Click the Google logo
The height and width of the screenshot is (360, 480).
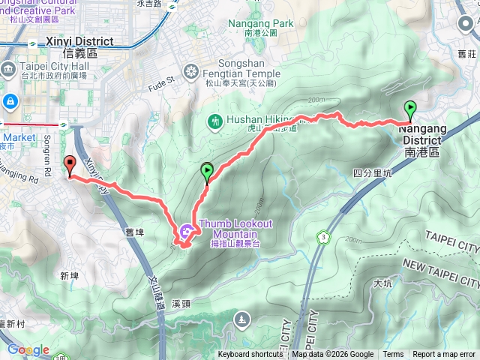tap(28, 349)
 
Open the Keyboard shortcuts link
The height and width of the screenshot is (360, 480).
tap(250, 355)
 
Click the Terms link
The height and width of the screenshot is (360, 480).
tap(393, 355)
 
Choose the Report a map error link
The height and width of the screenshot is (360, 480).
tap(444, 355)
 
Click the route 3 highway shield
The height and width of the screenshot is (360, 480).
tap(323, 237)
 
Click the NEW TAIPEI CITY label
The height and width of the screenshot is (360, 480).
tap(440, 271)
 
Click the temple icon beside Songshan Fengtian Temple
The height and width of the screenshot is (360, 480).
tap(191, 71)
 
